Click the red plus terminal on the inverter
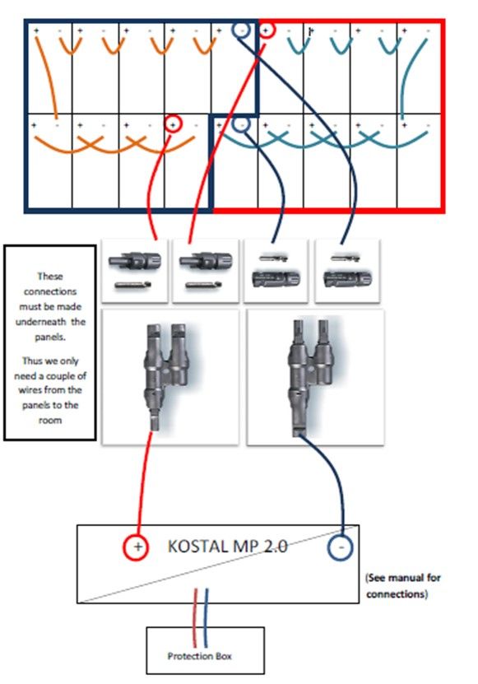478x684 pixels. [136, 547]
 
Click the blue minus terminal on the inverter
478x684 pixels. [340, 547]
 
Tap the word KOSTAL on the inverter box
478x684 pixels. [193, 547]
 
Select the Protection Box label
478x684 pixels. [199, 656]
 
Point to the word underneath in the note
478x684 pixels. [40, 322]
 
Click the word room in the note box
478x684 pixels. [50, 420]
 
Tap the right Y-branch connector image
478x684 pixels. [315, 377]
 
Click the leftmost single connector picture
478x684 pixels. [134, 271]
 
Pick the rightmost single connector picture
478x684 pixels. [347, 271]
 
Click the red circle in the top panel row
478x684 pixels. [267, 30]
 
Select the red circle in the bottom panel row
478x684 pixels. [173, 124]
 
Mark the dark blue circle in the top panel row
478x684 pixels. [241, 30]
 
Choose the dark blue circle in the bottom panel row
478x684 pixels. [241, 124]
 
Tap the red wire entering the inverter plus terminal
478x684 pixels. [144, 483]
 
